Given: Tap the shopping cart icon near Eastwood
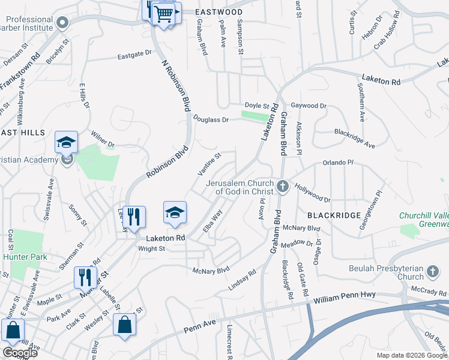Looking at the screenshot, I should (x=164, y=13).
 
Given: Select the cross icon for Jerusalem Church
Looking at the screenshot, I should (x=283, y=187).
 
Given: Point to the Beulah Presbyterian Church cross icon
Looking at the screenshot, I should (x=432, y=273).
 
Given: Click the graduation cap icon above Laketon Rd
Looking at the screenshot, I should (x=175, y=213).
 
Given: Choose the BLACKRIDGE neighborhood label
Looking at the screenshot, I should (x=334, y=215).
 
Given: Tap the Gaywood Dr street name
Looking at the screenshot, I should (x=310, y=106).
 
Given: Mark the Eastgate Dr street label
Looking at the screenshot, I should (x=134, y=53).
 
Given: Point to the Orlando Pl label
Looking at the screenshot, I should (x=339, y=163).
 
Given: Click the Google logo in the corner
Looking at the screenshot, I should (x=19, y=353).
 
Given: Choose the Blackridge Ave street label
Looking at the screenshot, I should (x=354, y=139).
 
